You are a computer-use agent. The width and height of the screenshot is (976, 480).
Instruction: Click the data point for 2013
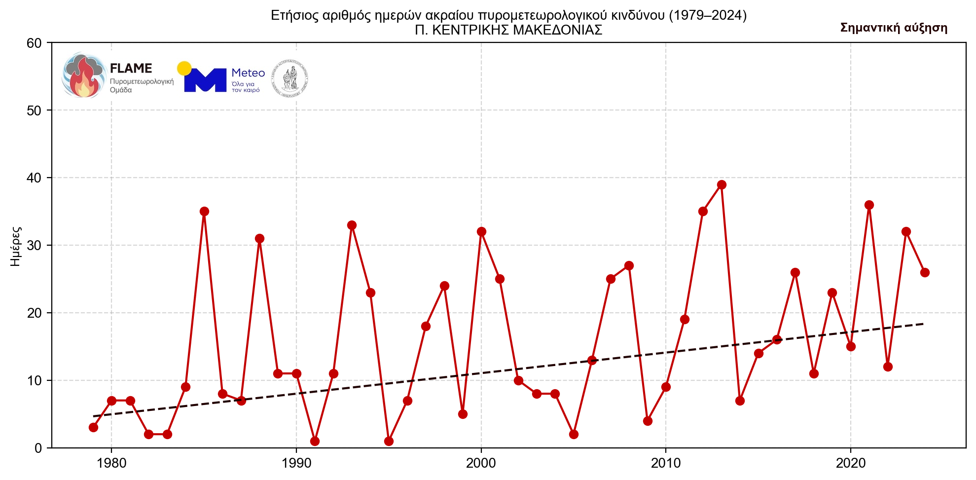point(722,185)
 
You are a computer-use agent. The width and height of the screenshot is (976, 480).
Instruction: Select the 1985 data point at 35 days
point(204,212)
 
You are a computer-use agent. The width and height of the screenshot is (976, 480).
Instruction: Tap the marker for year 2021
point(869,205)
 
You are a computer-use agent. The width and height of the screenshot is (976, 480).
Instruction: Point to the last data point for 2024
point(925,273)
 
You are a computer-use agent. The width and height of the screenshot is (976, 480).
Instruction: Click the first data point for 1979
point(93,427)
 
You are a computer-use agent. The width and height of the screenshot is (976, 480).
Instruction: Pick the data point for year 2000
point(481,232)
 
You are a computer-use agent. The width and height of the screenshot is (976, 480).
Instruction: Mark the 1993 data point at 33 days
point(352,225)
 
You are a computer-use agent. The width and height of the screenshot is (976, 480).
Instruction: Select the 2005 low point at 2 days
point(574,434)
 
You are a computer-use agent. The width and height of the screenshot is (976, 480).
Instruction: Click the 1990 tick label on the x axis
point(296,464)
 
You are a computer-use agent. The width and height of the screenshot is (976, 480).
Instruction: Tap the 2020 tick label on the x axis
point(851,464)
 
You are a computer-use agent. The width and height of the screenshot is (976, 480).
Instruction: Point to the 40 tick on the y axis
point(35,178)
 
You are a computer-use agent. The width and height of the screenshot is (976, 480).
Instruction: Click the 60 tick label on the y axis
point(35,43)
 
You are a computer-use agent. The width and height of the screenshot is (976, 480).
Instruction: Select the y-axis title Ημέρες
point(16,246)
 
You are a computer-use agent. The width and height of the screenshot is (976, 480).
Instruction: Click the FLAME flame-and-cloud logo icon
point(84,75)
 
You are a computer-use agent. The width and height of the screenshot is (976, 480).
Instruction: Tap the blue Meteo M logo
point(205,80)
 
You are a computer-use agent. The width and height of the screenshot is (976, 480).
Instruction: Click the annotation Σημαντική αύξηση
point(894,28)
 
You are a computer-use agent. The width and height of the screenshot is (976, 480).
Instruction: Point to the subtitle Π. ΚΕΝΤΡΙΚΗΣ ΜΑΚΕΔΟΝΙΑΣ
point(508,31)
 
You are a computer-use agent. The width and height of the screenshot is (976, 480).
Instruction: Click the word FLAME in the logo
point(131,69)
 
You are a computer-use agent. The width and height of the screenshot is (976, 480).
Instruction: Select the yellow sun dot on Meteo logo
point(184,69)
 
